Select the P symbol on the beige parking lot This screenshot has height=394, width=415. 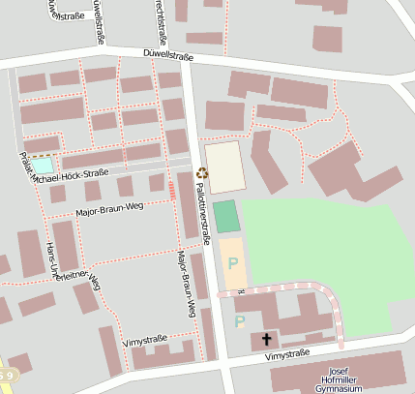(232, 262)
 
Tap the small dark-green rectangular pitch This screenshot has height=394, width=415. (226, 216)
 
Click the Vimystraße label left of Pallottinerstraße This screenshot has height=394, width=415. (146, 341)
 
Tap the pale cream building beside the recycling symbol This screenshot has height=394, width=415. (224, 167)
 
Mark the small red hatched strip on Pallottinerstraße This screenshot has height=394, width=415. (171, 188)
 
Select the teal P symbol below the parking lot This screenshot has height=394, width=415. (240, 320)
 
